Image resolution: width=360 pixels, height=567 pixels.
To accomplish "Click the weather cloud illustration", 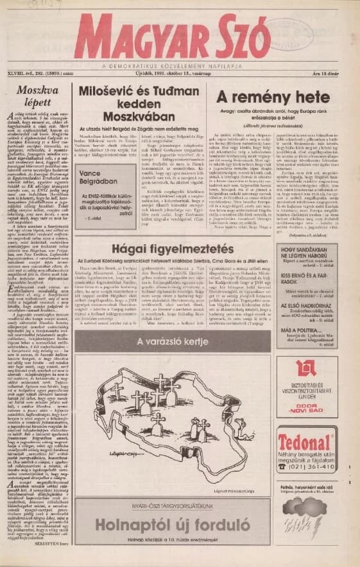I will click(307, 515).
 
